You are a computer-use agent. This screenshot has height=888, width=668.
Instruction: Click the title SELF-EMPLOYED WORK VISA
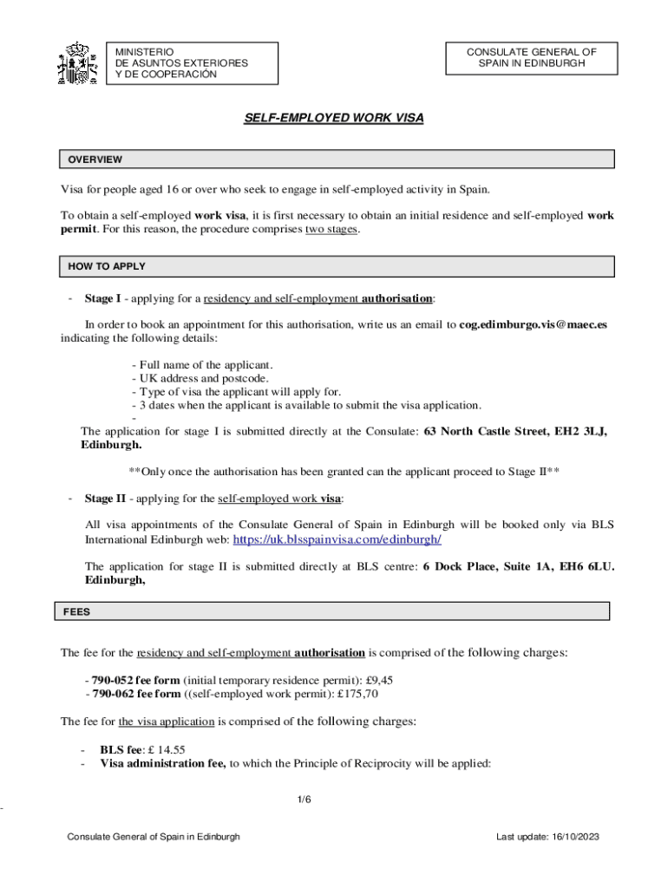coord(334,117)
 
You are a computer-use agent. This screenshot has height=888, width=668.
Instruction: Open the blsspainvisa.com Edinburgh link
coord(337,539)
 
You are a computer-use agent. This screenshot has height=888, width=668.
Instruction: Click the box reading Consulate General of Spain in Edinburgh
coord(531,58)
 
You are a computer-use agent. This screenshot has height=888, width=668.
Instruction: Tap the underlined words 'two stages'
coord(331,230)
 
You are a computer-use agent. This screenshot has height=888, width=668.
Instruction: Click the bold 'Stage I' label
coord(102,299)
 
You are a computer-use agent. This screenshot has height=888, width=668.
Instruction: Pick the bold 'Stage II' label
coord(105,499)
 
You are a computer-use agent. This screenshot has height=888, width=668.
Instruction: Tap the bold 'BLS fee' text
coord(120,750)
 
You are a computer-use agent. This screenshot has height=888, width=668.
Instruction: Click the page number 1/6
coord(303,800)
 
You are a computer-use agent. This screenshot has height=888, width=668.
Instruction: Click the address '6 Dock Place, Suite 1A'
coord(493,567)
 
